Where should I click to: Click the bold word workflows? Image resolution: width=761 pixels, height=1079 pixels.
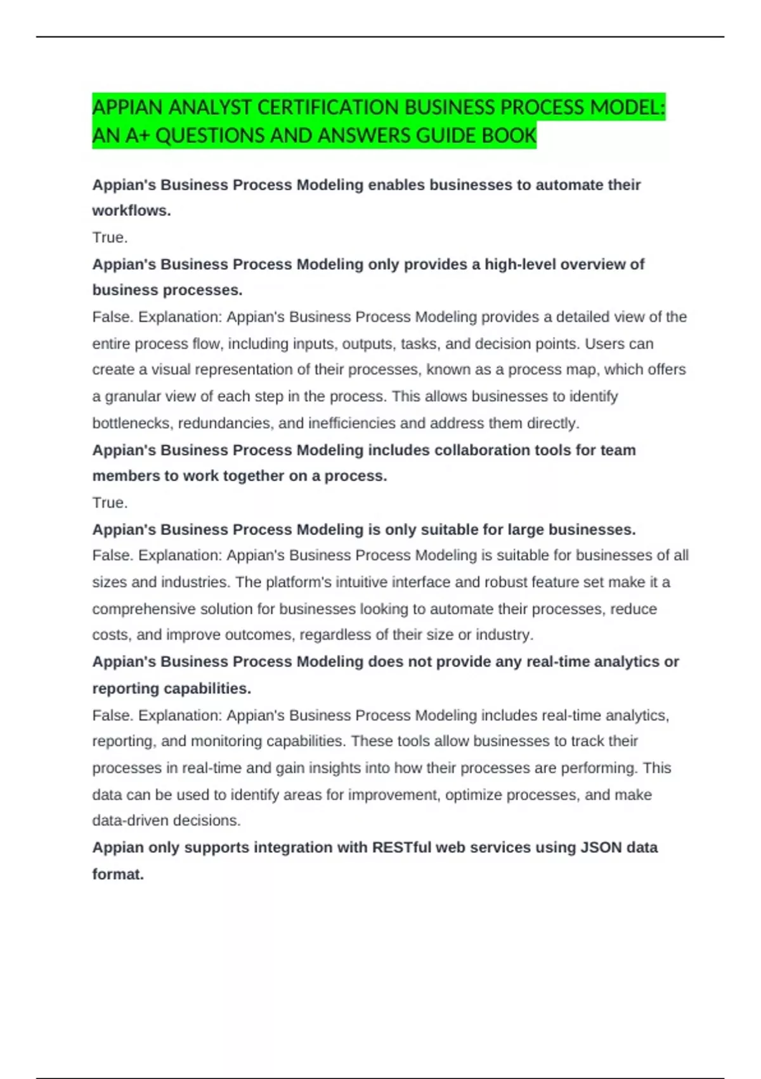coord(131,211)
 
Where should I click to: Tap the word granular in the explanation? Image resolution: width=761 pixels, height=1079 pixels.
coord(133,397)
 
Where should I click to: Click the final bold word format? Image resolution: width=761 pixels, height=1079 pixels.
coord(118,875)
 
